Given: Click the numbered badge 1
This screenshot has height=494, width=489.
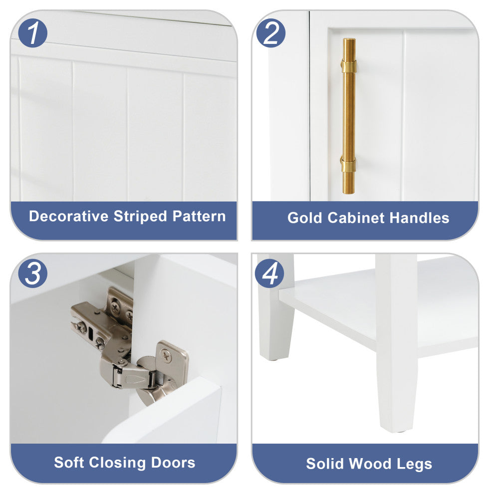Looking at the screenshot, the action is point(33,33).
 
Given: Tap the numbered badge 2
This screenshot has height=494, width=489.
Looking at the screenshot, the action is point(270,33).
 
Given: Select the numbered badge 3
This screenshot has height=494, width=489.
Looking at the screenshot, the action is point(33,273).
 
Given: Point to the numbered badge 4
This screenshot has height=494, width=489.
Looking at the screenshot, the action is point(269,273).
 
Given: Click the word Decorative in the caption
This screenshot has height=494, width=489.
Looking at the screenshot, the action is point(69,216).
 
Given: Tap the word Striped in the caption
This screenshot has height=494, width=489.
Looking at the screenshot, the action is point(140,217).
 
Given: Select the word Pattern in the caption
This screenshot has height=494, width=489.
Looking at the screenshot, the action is point(199,216).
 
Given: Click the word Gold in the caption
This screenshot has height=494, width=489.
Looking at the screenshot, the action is point(305,218).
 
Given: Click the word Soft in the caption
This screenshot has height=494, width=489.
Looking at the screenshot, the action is point(68,462).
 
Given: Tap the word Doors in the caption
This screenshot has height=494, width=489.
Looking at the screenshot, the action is point(173,462).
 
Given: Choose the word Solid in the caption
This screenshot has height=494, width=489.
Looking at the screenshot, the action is point(325,464).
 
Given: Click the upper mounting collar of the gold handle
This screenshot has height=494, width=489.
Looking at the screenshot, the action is point(348,65).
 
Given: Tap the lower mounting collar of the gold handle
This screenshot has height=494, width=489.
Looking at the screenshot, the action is point(348,165).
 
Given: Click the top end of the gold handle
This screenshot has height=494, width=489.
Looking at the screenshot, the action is point(349,40).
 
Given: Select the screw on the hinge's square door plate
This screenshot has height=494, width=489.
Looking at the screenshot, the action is point(166,356).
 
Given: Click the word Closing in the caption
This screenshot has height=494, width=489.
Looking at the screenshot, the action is point(117,463).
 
